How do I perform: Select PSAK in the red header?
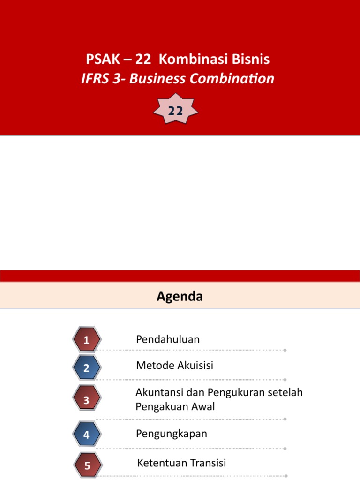pyautogui.click(x=103, y=59)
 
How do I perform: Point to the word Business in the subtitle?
pyautogui.click(x=157, y=79)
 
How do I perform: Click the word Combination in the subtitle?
pyautogui.click(x=232, y=79)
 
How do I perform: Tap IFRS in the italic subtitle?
pyautogui.click(x=95, y=79)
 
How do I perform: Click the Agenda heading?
pyautogui.click(x=180, y=296)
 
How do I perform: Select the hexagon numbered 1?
pyautogui.click(x=87, y=339)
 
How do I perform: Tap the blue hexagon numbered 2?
pyautogui.click(x=87, y=367)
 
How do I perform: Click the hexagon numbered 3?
pyautogui.click(x=87, y=398)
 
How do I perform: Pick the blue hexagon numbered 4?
pyautogui.click(x=87, y=434)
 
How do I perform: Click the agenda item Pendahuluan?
pyautogui.click(x=168, y=339)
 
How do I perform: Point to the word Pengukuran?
pyautogui.click(x=236, y=392)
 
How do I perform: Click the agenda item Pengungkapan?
pyautogui.click(x=172, y=434)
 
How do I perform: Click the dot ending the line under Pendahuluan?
pyautogui.click(x=285, y=350)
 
